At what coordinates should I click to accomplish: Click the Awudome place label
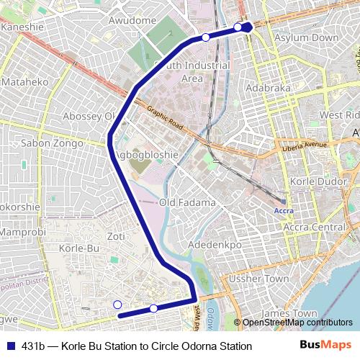click(x=132, y=21)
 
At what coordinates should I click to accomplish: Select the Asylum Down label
click(x=312, y=37)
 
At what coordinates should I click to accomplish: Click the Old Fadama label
click(x=187, y=203)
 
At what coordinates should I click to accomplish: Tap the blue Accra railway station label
click(x=285, y=211)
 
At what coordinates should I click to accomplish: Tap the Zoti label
click(x=115, y=236)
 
